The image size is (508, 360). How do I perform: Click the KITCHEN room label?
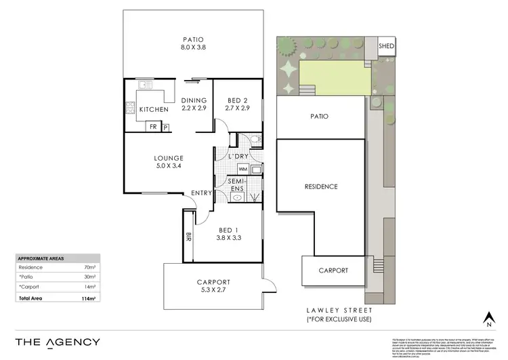(x=153, y=109)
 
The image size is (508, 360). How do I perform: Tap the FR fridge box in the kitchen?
(x=153, y=126)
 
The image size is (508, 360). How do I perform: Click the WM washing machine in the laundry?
(x=242, y=169)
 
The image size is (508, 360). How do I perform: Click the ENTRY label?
(x=201, y=193)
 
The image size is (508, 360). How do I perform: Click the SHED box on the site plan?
(x=386, y=46)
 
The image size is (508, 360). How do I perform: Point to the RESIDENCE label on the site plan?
(x=320, y=186)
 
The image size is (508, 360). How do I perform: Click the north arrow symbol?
(x=487, y=317)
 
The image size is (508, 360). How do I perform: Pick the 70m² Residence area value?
(x=89, y=268)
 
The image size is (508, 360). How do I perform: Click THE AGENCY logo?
(x=58, y=342)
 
